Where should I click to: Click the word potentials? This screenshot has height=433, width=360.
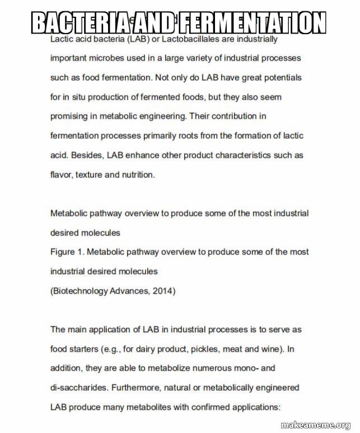[x=276, y=77]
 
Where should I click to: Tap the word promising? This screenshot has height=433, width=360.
[x=69, y=116]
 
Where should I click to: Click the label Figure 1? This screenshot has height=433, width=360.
[x=67, y=252]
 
